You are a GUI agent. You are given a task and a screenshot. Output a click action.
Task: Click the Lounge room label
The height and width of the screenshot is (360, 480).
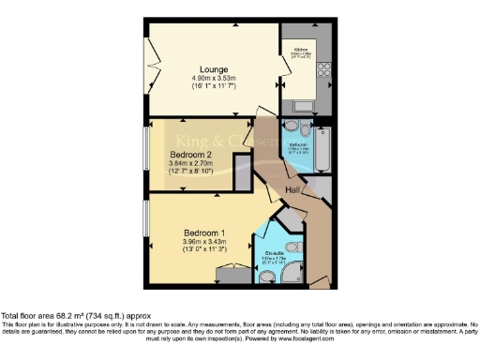tap(211, 66)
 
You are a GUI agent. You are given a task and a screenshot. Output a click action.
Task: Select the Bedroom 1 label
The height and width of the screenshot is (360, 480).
tap(204, 232)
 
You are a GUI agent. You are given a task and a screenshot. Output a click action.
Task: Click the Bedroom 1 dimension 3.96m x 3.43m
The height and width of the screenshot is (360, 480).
tap(204, 243)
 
